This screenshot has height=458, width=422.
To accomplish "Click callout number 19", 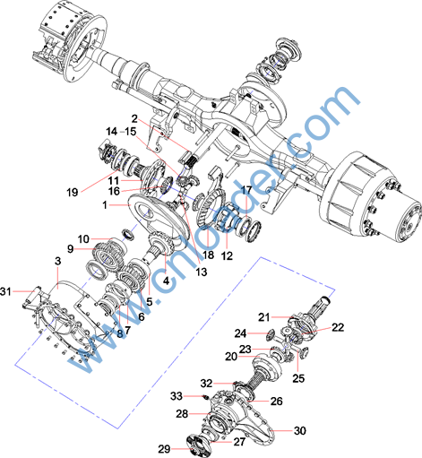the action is click(x=73, y=192).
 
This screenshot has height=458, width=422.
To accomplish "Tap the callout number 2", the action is click(x=134, y=119).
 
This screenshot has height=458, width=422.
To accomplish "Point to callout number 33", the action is click(x=177, y=396).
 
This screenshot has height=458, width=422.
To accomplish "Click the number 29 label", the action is click(x=164, y=449).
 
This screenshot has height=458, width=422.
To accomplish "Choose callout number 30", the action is click(x=300, y=430).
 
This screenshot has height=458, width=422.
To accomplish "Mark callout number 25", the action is click(x=298, y=378).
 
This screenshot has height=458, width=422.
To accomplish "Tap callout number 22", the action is click(x=338, y=327).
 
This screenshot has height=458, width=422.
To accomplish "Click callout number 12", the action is click(x=227, y=255).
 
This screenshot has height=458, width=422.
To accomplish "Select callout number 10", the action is click(x=83, y=239).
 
